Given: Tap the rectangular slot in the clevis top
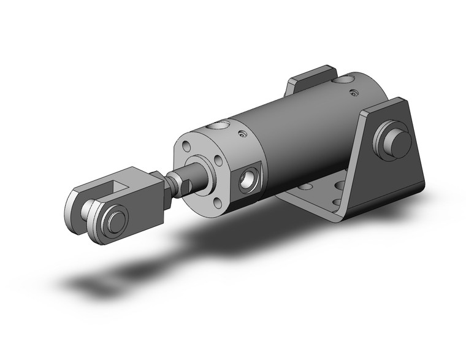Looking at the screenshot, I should point(127,182).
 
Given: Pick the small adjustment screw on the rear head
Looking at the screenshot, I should point(354,93).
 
